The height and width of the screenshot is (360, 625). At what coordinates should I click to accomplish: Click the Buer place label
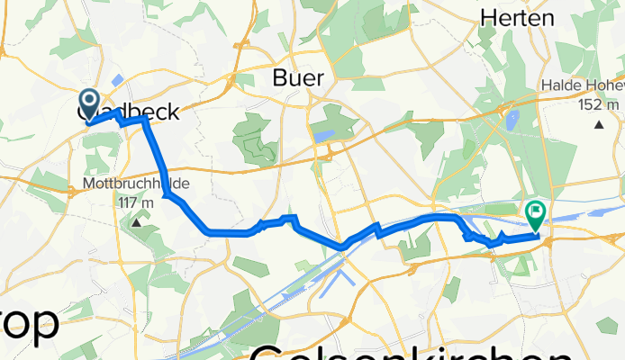coord(297,78)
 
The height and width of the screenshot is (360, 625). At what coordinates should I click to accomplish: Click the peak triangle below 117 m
coord(137,220)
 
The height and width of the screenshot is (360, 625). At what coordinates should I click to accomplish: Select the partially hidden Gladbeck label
coord(126,112)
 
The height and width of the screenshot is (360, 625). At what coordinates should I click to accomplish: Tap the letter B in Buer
coord(279,78)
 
